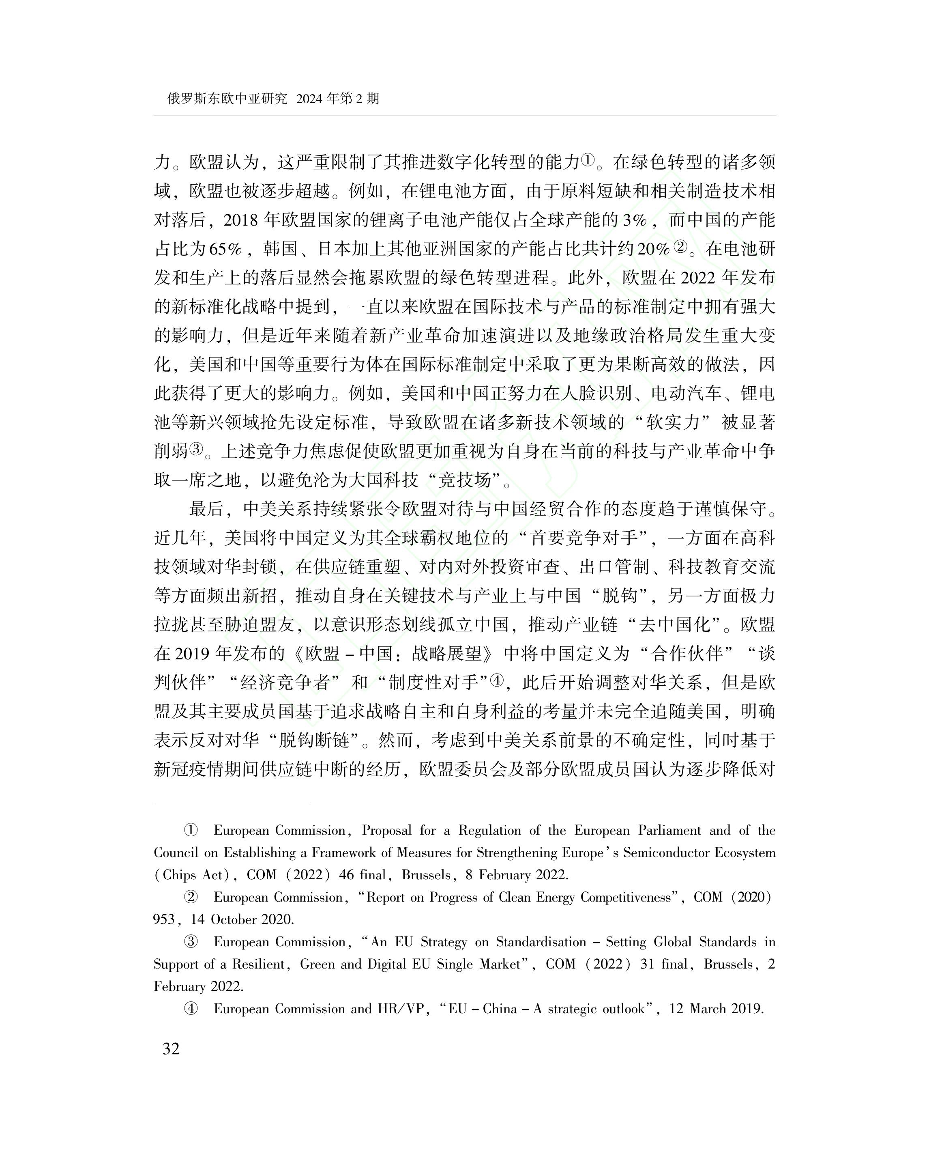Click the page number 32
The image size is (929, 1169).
(x=171, y=1064)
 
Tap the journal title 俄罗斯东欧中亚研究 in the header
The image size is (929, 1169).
(x=227, y=99)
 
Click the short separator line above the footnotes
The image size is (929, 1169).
(x=232, y=801)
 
